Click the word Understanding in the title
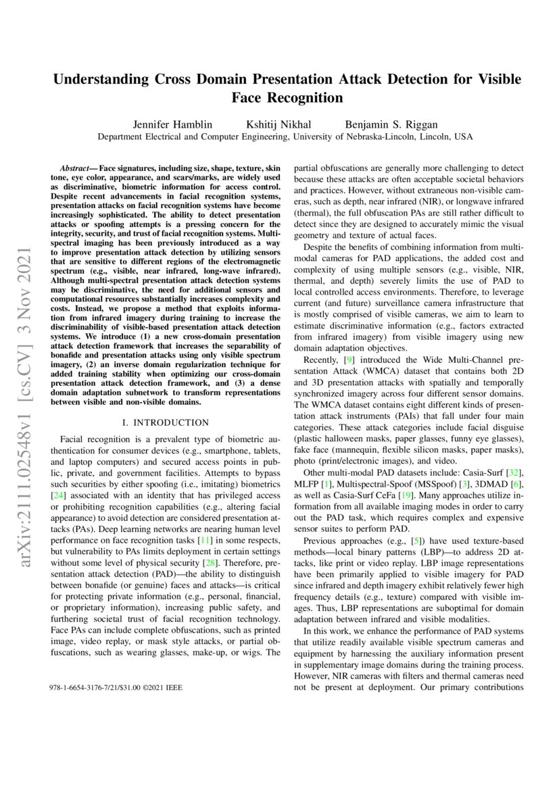point(109,79)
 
